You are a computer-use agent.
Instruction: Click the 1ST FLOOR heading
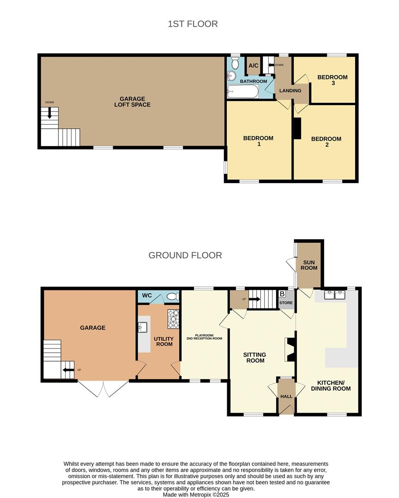point(193,24)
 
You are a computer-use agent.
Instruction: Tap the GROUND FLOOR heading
point(185,255)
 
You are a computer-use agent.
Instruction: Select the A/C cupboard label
point(253,66)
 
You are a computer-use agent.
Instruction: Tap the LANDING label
point(290,91)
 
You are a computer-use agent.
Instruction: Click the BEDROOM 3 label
point(332,80)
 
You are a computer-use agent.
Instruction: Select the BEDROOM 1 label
point(258,141)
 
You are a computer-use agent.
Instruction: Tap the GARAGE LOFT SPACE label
point(132,102)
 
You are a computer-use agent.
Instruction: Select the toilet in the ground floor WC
point(173,296)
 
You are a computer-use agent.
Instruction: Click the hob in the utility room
point(173,319)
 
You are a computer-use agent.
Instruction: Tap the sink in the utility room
point(142,327)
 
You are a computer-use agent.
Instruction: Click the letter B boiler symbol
point(282,294)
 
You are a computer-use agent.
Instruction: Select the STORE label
point(286,303)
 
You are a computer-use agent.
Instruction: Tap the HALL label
point(286,396)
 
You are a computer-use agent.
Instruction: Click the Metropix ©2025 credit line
point(196,494)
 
